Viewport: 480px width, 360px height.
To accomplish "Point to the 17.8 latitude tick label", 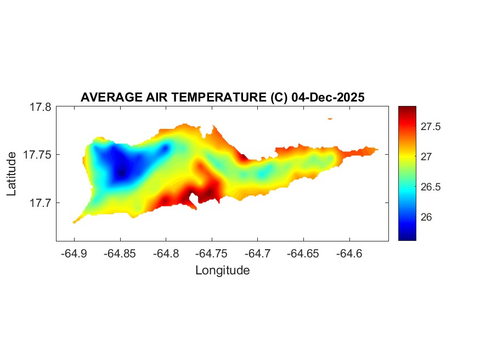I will [x=41, y=107].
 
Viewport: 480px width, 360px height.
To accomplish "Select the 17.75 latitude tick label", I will [x=38, y=155].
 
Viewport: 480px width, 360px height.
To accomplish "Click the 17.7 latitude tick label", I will [x=41, y=203].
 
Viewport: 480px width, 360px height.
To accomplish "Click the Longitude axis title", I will [x=222, y=270].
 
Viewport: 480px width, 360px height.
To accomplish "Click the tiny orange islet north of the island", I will [x=330, y=118].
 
